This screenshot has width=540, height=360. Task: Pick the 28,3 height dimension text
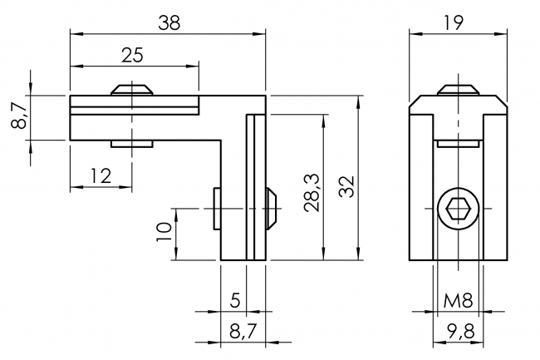312,193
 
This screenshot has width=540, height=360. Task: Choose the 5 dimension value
235,298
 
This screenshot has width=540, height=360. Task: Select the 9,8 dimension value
459,330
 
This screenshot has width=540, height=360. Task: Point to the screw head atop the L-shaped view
134,89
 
